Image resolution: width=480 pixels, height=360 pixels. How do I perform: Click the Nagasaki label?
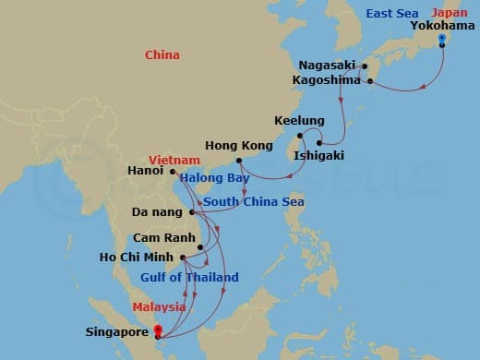click(327, 66)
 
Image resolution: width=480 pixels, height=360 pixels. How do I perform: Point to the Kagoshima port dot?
click(370, 81)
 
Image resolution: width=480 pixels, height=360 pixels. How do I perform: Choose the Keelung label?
click(300, 121)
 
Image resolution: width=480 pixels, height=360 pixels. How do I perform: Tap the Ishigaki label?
click(318, 155)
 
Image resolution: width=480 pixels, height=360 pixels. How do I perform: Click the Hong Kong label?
click(238, 146)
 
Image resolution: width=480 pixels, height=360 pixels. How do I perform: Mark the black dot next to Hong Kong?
click(238, 160)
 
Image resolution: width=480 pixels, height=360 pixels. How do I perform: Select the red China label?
click(162, 55)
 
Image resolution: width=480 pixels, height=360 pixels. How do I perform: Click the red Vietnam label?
click(175, 160)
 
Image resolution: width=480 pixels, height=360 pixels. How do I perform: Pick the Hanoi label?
click(148, 171)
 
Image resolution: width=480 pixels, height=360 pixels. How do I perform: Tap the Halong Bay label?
click(214, 177)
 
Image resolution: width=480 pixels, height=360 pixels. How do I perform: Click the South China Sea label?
click(254, 201)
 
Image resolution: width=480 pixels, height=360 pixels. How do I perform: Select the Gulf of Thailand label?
click(189, 277)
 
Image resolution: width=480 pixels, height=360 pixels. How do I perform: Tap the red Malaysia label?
click(160, 307)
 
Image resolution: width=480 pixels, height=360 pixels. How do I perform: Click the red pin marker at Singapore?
click(158, 330)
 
